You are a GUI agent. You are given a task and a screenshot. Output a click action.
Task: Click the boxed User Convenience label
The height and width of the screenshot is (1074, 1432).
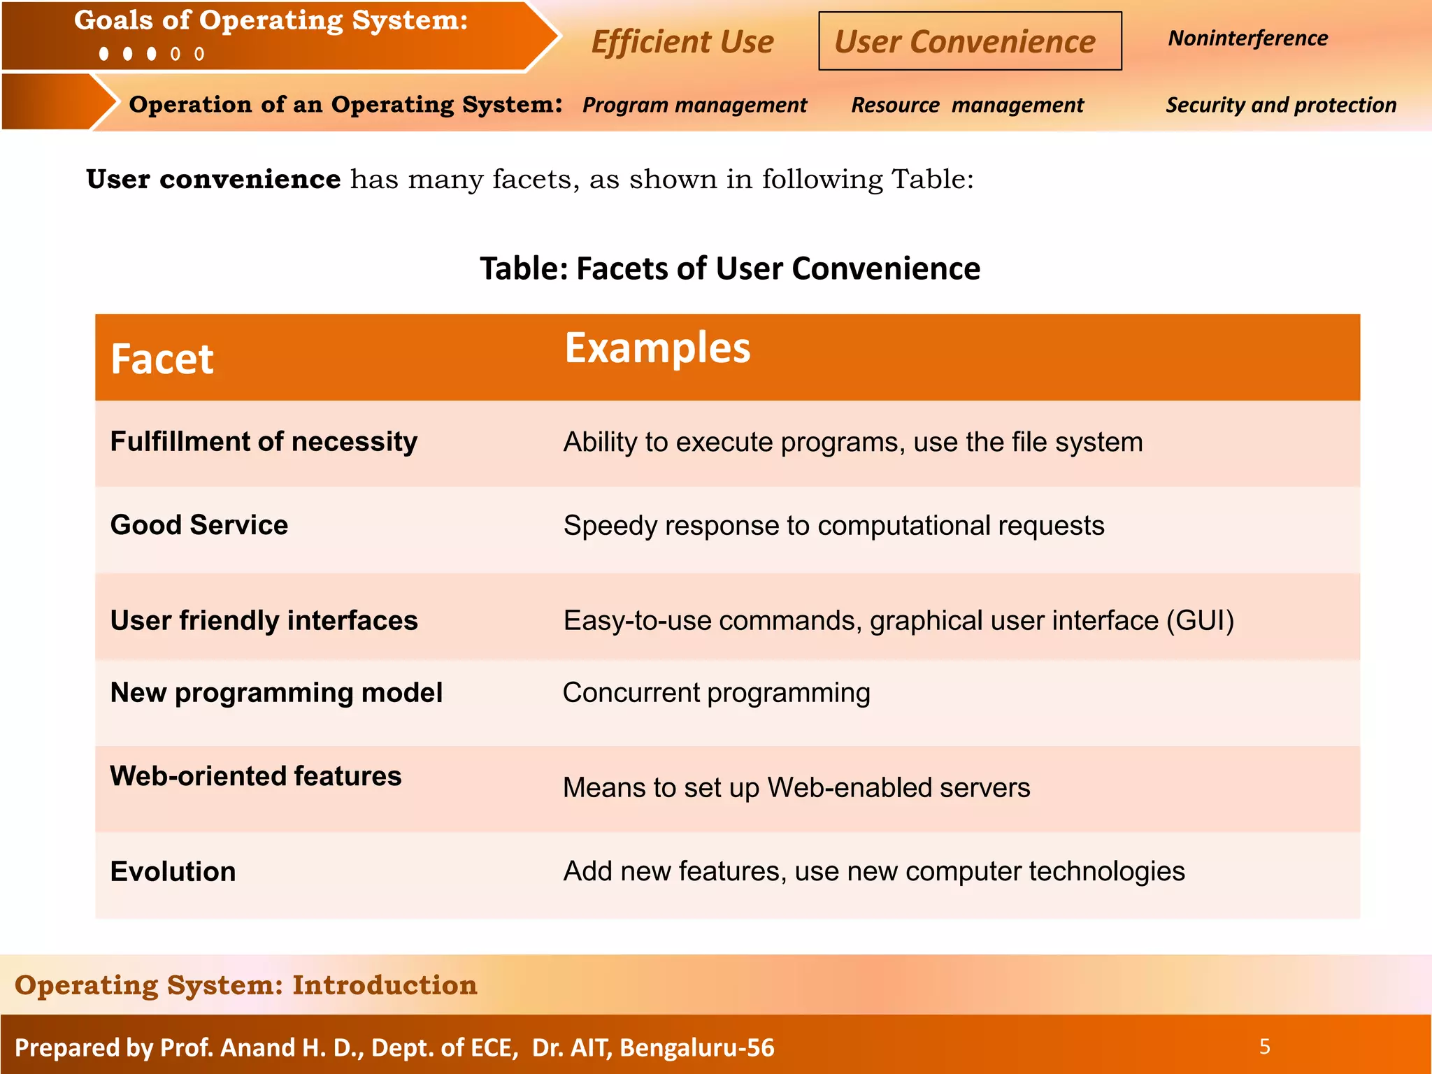tap(969, 41)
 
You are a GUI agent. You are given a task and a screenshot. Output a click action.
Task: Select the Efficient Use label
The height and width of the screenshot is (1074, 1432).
tap(682, 42)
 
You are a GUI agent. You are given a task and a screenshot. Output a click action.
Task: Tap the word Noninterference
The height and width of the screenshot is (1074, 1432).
tap(1248, 38)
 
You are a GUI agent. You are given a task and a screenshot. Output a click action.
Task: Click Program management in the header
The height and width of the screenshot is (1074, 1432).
tap(694, 105)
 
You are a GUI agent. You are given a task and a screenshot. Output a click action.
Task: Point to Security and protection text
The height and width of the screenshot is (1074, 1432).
tap(1281, 105)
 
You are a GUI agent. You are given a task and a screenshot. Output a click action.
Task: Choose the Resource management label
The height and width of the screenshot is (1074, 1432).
tap(967, 105)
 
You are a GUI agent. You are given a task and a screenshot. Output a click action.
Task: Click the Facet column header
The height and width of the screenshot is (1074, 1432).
tap(162, 359)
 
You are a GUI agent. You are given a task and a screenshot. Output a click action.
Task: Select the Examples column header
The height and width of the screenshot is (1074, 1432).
tap(657, 348)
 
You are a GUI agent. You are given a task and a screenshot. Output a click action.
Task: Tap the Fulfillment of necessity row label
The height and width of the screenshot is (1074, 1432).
tap(264, 442)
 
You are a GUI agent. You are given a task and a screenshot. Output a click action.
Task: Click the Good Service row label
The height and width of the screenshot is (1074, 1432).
tap(199, 525)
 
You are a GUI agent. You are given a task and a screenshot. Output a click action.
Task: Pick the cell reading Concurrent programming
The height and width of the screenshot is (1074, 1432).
tap(717, 693)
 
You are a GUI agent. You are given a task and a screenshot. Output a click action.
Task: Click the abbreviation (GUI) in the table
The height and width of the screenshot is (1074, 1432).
tap(1200, 621)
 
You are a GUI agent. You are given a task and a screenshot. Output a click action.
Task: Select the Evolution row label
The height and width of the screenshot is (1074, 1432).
tap(173, 872)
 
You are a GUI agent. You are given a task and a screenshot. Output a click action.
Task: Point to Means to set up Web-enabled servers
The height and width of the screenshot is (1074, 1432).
tap(796, 788)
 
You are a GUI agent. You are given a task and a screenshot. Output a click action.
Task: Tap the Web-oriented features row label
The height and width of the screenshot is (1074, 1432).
tap(256, 776)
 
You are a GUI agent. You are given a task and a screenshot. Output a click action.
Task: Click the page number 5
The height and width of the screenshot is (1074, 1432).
tap(1264, 1047)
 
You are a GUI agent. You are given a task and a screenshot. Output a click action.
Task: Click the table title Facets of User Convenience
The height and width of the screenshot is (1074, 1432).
tap(730, 268)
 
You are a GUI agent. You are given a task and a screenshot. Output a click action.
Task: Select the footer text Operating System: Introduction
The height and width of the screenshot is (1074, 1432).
tap(245, 984)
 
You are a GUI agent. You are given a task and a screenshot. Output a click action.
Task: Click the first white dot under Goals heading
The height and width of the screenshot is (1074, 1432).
tap(104, 54)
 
